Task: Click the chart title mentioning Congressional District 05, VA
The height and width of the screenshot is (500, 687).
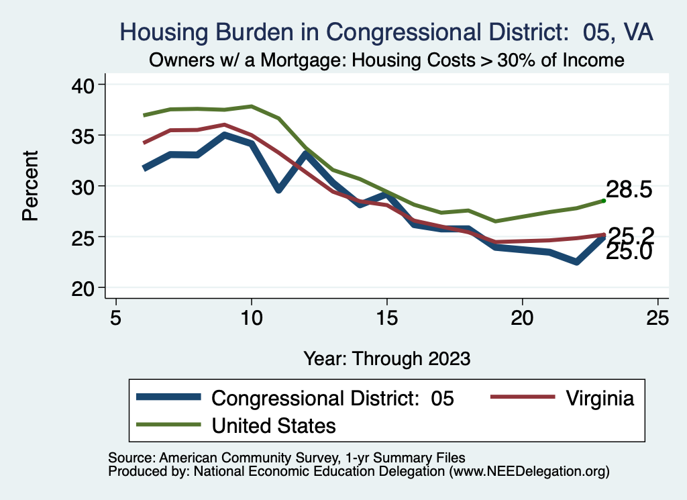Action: coord(386,32)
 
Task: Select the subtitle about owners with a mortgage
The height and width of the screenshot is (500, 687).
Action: coord(386,60)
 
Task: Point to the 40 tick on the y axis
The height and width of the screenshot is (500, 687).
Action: coord(86,85)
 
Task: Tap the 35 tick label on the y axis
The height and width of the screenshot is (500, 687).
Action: coord(86,135)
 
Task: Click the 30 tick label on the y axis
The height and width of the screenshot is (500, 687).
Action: coord(86,186)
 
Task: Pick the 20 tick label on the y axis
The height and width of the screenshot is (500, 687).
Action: coord(86,288)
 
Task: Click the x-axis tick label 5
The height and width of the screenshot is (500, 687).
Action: coord(116,317)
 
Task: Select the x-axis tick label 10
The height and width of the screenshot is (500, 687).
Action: coord(251,317)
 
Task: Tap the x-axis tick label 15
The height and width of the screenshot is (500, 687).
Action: coord(386,317)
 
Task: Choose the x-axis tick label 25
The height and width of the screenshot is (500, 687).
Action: coord(657,317)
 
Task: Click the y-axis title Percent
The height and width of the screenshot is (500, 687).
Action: coord(30,186)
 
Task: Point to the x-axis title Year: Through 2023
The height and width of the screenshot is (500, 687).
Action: coord(386,358)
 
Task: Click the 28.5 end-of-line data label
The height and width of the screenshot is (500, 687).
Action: coord(629,189)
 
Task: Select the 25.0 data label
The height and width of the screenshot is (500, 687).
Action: coord(629,253)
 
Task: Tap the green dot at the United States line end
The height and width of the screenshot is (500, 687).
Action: coord(604,200)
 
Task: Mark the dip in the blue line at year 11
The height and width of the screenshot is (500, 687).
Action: coord(278,190)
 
